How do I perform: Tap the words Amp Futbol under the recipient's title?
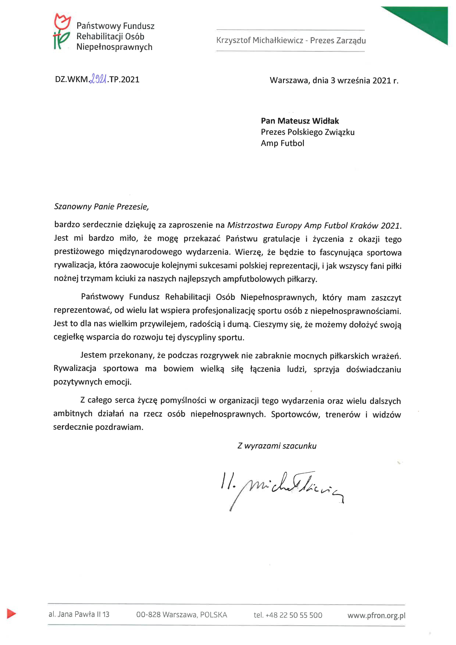282,143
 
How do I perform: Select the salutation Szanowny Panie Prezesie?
101,207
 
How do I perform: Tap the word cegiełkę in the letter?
69,337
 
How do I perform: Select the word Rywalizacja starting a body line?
75,369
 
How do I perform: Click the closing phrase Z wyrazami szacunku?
277,446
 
